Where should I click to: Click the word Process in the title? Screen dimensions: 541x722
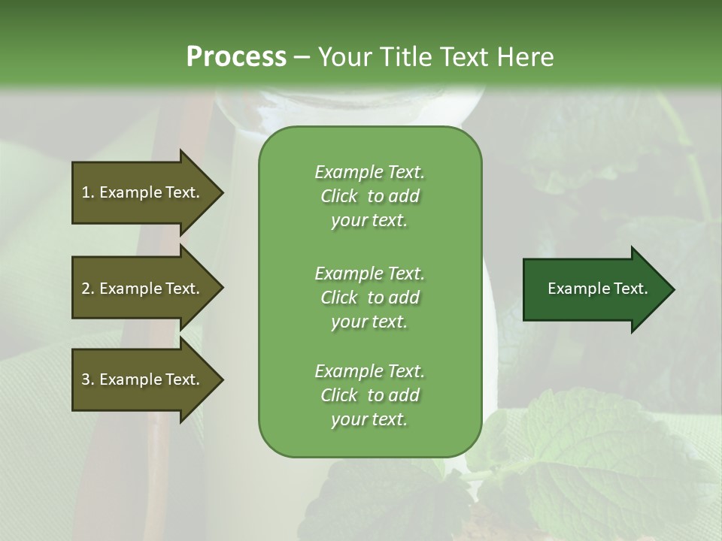(x=236, y=57)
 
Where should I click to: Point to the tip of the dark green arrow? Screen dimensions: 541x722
(x=672, y=289)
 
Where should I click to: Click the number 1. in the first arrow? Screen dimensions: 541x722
(x=88, y=192)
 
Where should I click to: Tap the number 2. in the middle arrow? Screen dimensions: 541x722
(x=88, y=289)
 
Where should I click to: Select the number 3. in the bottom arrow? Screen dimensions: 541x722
(x=88, y=379)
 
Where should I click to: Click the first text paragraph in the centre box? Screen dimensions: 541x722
(x=369, y=196)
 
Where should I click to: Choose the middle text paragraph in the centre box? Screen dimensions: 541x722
(x=369, y=298)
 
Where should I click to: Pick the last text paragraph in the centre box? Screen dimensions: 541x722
(x=369, y=395)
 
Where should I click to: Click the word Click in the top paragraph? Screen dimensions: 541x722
(x=339, y=196)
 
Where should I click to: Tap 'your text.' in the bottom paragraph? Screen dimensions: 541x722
(x=369, y=419)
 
